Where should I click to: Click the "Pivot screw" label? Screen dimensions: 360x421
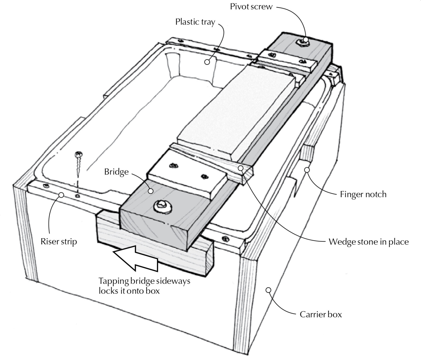(251, 7)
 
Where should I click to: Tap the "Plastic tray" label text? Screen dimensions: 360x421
(195, 22)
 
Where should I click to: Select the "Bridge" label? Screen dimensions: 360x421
(116, 172)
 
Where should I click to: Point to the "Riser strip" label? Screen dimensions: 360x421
(59, 242)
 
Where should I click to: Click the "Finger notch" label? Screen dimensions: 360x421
(363, 194)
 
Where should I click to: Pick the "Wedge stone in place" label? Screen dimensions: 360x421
(368, 242)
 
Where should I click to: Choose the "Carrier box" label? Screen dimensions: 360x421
(321, 315)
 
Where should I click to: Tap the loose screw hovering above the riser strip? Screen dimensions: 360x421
(79, 162)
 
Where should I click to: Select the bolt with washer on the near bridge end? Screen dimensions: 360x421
(163, 207)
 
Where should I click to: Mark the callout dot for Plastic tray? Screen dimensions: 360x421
(207, 62)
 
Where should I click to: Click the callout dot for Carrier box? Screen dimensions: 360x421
(269, 290)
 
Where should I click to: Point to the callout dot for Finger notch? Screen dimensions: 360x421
(307, 170)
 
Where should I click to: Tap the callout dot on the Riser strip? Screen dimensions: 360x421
(61, 195)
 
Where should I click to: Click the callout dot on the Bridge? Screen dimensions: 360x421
(151, 191)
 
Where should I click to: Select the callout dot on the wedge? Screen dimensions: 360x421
(241, 168)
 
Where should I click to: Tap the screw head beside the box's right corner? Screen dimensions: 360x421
(226, 239)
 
